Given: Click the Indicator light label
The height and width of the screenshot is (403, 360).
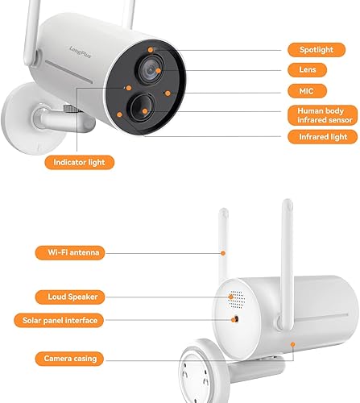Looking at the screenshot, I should [79, 162].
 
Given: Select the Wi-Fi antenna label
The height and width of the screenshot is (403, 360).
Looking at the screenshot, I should [69, 253].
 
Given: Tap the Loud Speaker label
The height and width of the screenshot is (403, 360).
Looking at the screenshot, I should [69, 297].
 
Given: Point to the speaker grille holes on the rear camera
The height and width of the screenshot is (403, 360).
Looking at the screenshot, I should [236, 298].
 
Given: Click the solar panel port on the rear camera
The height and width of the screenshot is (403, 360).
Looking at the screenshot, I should [235, 319].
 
